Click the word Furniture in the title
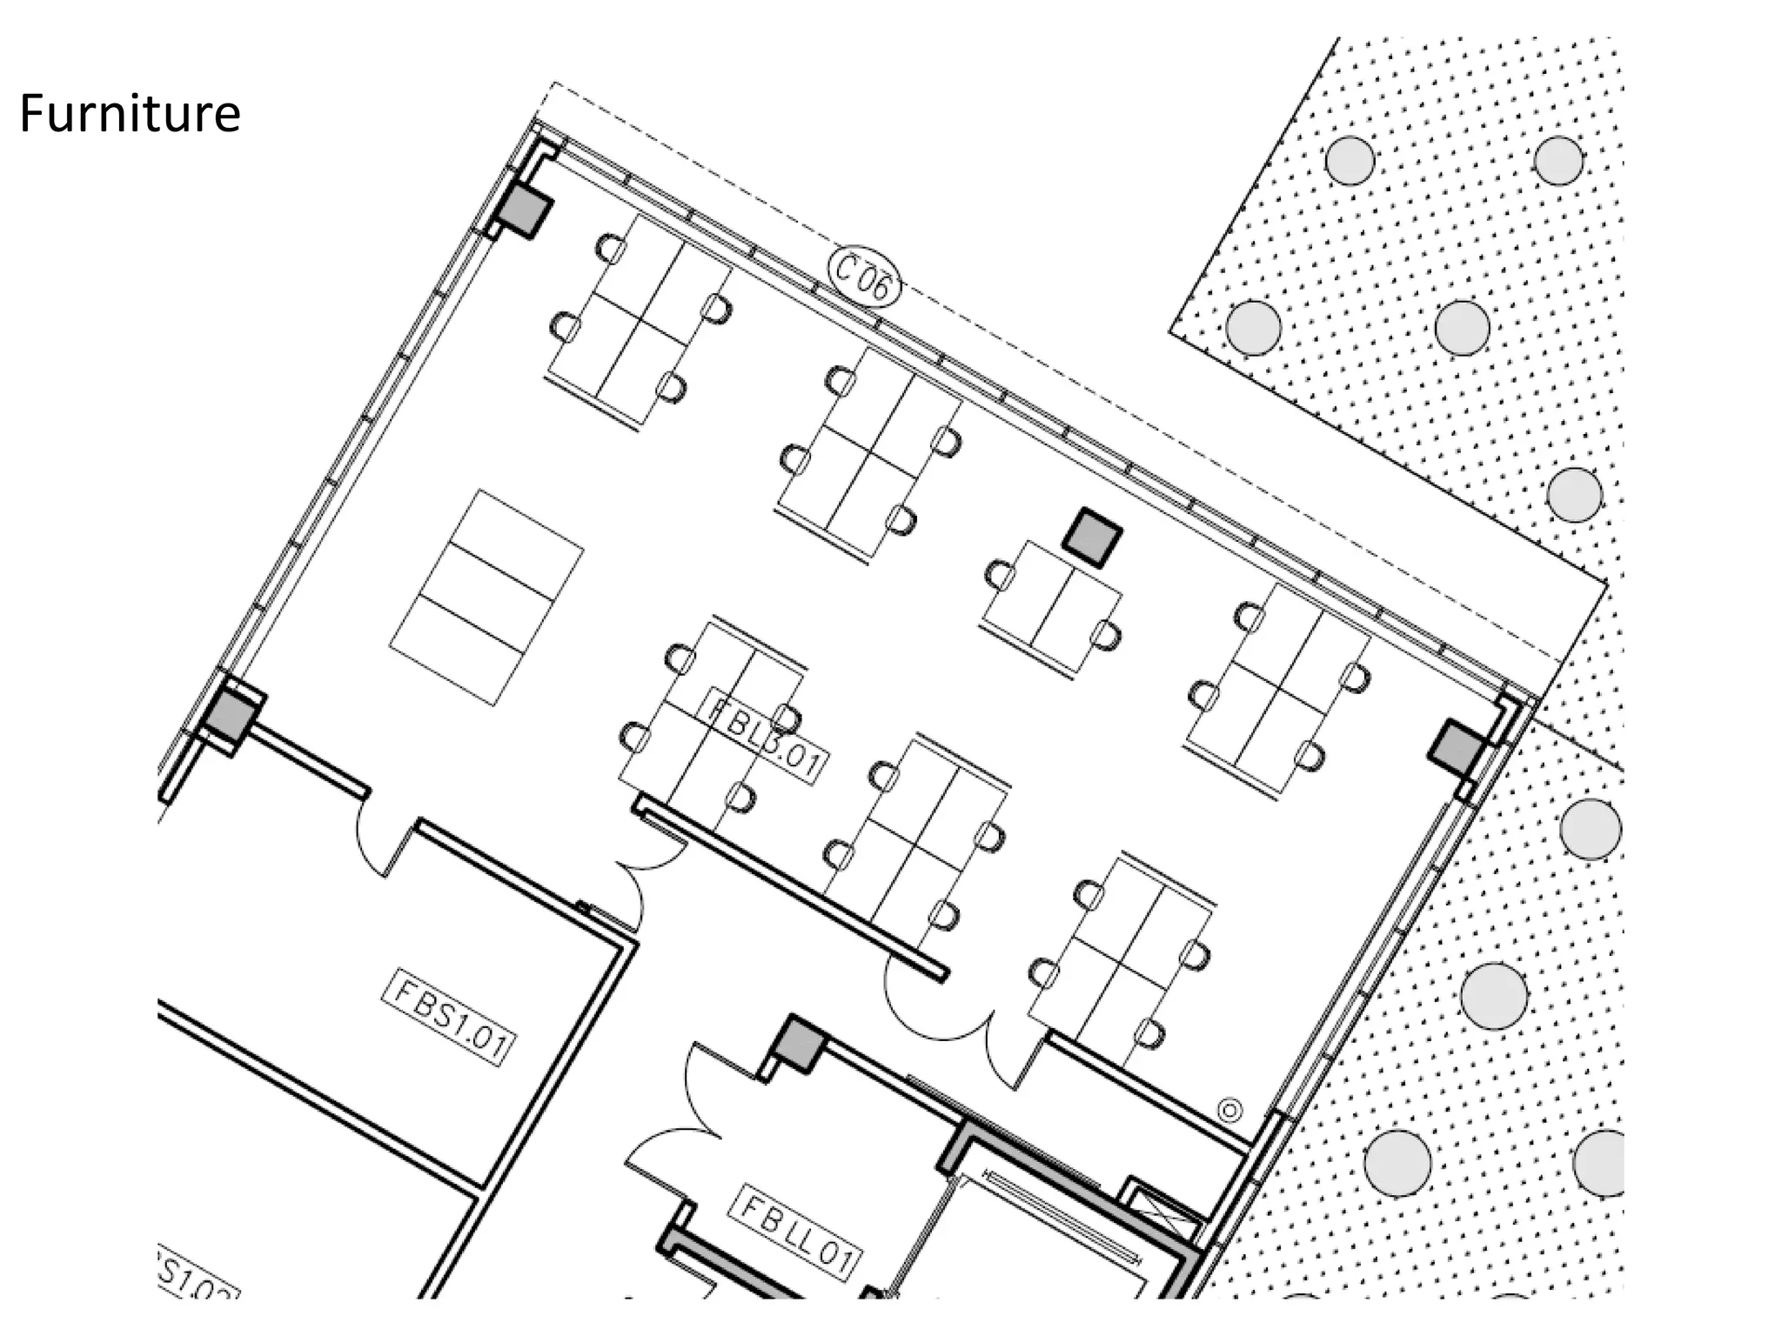[x=130, y=114]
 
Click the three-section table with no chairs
[x=486, y=598]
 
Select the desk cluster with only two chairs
[x=1051, y=608]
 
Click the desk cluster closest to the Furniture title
[x=638, y=323]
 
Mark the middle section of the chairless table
[x=486, y=598]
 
